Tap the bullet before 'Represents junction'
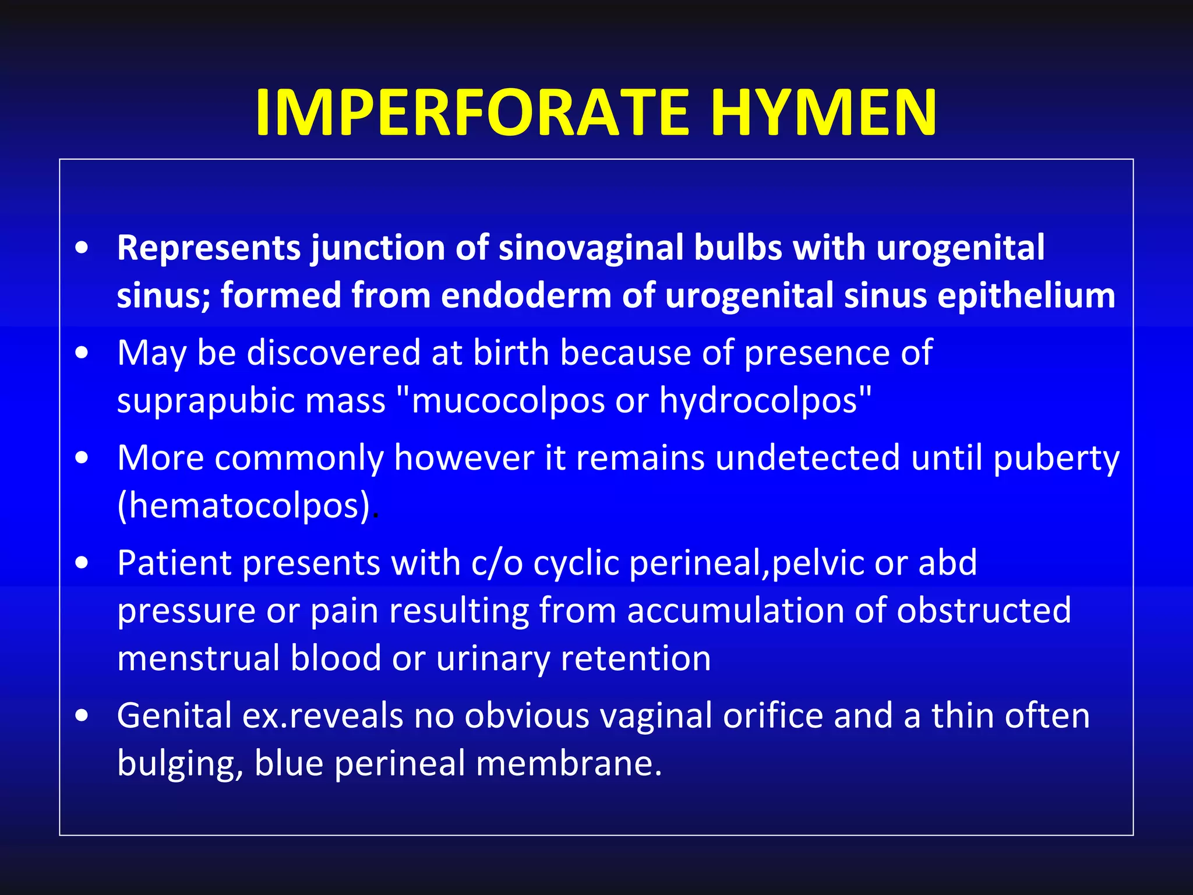pyautogui.click(x=82, y=247)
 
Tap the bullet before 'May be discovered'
pyautogui.click(x=82, y=353)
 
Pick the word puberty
pyautogui.click(x=1056, y=459)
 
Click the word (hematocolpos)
pyautogui.click(x=243, y=506)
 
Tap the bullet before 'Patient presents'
pyautogui.click(x=82, y=563)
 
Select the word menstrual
pyautogui.click(x=198, y=658)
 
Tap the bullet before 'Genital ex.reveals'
pyautogui.click(x=82, y=716)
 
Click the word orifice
pyautogui.click(x=772, y=716)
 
